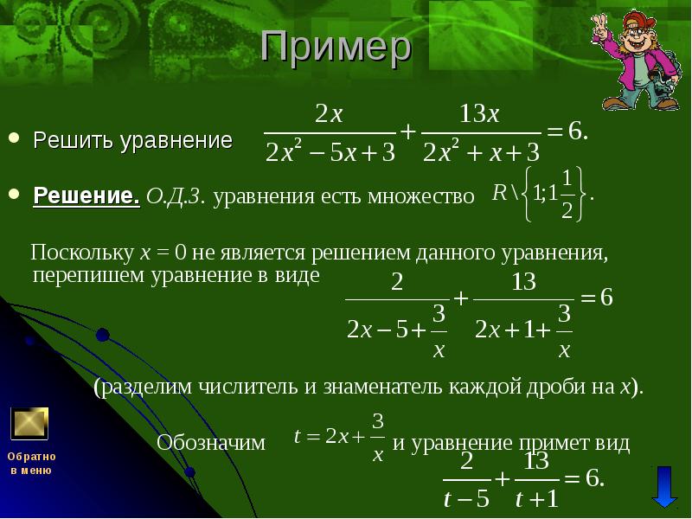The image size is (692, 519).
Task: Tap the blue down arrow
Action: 664,487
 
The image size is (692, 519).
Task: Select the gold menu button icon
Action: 29,424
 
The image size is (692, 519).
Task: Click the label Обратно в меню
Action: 31,463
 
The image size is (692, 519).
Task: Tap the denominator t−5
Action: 465,498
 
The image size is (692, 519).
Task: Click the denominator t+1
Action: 536,498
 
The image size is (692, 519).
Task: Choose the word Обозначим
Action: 211,443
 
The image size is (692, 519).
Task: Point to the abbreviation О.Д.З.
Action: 176,196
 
